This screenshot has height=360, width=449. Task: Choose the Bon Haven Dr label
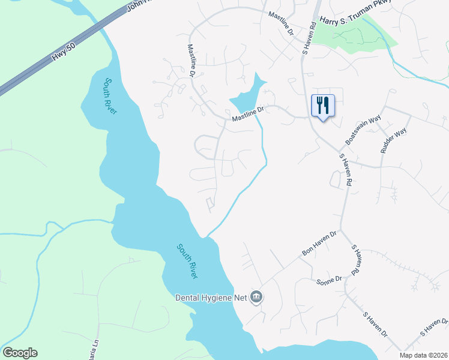click(321, 243)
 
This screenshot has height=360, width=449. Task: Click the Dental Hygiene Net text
click(211, 297)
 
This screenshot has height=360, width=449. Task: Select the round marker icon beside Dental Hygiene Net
click(256, 296)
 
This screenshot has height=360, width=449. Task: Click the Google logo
click(20, 353)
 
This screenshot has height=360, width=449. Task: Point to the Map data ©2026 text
click(423, 355)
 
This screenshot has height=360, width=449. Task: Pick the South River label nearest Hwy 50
click(110, 96)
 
